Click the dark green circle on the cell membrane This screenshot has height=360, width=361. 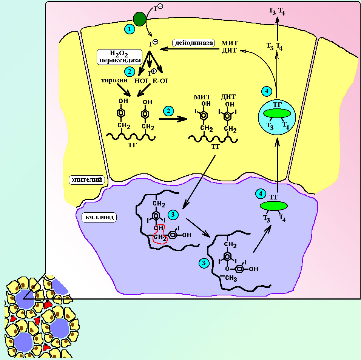(x=140, y=19)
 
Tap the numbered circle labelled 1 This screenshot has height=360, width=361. (x=130, y=28)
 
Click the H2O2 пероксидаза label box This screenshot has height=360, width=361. (x=119, y=56)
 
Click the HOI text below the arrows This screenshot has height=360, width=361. (x=141, y=80)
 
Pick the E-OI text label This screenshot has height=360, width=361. (x=160, y=80)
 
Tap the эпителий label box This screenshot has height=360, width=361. (x=87, y=180)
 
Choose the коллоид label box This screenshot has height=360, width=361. (x=99, y=217)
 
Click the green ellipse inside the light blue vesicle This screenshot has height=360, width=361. (x=277, y=113)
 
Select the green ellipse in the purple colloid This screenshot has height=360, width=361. (x=274, y=205)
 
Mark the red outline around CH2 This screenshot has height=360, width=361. (x=160, y=234)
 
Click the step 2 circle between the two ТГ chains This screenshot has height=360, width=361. (x=168, y=111)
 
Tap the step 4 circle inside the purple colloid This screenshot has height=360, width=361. (x=260, y=194)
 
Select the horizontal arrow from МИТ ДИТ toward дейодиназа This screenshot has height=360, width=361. (x=189, y=48)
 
